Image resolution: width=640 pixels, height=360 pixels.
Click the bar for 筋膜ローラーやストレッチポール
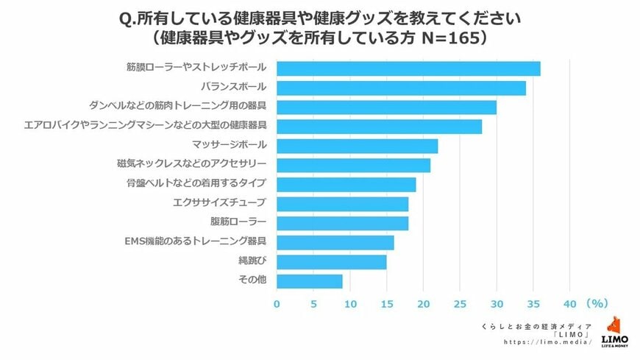pos(408,68)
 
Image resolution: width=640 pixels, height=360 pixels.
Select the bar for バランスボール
pos(401,88)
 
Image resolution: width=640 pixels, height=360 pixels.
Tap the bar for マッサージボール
pos(357,146)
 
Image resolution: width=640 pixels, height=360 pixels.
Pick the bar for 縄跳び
pos(331,261)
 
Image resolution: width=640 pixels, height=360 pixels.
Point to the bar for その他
pos(310,280)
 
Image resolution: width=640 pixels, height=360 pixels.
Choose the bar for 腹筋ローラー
pos(342,222)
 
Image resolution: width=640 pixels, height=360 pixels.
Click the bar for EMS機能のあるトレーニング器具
pos(335,242)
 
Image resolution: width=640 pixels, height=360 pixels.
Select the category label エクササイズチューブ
pos(229,202)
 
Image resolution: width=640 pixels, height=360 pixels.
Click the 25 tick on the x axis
pos(460,303)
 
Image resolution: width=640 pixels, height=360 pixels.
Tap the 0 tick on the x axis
pos(277,303)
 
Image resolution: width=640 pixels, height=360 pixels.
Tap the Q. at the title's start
pos(127,16)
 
